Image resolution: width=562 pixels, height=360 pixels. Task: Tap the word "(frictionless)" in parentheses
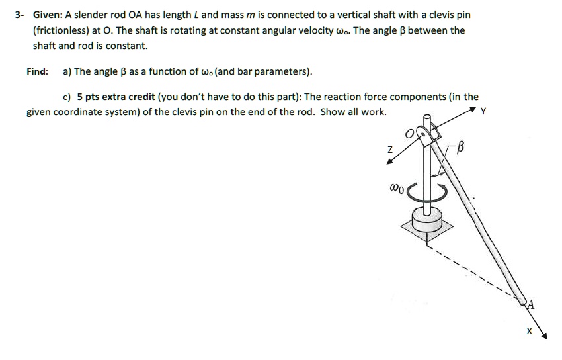coord(61,30)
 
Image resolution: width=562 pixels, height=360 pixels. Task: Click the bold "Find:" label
coord(37,71)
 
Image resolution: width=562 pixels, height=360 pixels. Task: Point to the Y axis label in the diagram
coord(483,112)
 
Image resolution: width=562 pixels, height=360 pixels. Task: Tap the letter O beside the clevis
coord(410,135)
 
